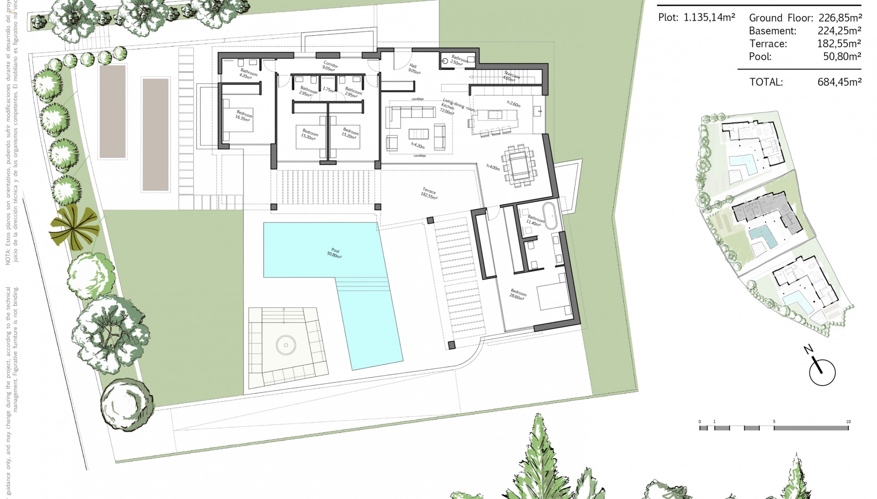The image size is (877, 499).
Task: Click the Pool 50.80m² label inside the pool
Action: pyautogui.click(x=334, y=253)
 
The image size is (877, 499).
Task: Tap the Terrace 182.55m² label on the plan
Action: pyautogui.click(x=429, y=193)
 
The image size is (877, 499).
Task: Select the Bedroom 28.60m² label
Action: pyautogui.click(x=518, y=294)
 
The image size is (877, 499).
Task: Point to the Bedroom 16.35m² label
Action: pyautogui.click(x=243, y=116)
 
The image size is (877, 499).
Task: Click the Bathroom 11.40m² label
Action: pyautogui.click(x=535, y=221)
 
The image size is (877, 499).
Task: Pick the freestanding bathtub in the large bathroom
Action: pyautogui.click(x=549, y=216)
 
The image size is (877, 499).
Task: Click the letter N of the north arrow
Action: pyautogui.click(x=808, y=350)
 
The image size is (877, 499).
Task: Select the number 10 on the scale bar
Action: pyautogui.click(x=848, y=422)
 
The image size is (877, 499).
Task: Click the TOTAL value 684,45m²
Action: pyautogui.click(x=839, y=82)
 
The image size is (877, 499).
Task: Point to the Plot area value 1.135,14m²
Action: pyautogui.click(x=709, y=18)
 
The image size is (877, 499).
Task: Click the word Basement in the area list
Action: pyautogui.click(x=772, y=31)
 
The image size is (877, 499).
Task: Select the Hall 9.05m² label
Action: pyautogui.click(x=414, y=69)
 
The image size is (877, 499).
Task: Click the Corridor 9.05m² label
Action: pyautogui.click(x=329, y=66)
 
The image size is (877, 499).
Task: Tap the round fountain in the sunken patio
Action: pyautogui.click(x=286, y=345)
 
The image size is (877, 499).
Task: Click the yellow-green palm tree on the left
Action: pyautogui.click(x=74, y=227)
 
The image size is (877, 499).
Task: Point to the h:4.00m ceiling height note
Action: pyautogui.click(x=493, y=167)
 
